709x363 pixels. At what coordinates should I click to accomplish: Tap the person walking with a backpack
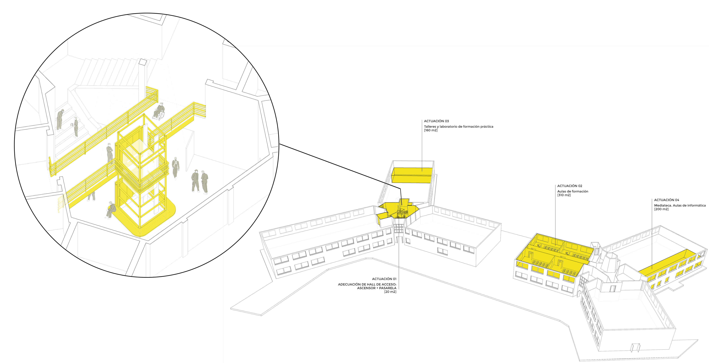click(x=175, y=168)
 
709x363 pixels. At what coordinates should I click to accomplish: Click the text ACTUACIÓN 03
click(x=436, y=121)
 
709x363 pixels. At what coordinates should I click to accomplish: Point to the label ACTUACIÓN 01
click(x=384, y=279)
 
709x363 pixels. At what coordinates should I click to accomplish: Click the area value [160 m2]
click(x=430, y=130)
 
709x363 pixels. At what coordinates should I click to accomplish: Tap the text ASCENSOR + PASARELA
click(x=377, y=288)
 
